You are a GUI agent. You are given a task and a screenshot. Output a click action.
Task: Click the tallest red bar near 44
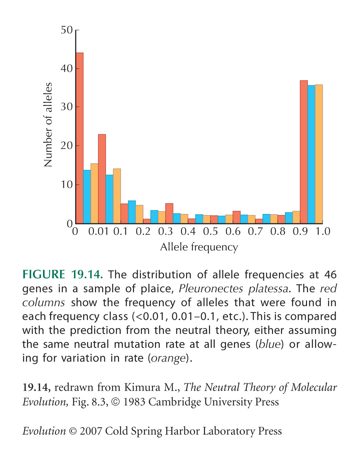[x=80, y=138]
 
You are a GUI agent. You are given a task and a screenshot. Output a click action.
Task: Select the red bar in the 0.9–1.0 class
[x=304, y=152]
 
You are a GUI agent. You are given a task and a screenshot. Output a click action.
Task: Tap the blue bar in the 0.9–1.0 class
[x=311, y=154]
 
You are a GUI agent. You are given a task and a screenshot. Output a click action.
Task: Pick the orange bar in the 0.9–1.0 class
[x=319, y=154]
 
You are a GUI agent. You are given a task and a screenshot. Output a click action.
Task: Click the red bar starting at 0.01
[x=102, y=179]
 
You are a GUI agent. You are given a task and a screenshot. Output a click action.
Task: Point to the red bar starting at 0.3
[x=169, y=213]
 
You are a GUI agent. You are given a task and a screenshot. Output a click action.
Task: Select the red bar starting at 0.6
[x=237, y=217]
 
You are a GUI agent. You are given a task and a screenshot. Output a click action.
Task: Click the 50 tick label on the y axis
[x=67, y=30]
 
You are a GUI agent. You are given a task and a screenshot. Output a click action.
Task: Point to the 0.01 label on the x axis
[x=98, y=232]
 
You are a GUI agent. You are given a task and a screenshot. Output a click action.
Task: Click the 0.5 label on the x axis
[x=210, y=232]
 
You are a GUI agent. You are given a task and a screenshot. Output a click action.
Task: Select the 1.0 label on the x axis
[x=323, y=232]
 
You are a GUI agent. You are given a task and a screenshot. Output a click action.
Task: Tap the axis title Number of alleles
[x=48, y=125]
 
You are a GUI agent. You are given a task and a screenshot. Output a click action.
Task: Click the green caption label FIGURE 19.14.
[x=63, y=274]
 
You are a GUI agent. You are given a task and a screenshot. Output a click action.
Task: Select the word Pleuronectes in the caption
[x=211, y=289]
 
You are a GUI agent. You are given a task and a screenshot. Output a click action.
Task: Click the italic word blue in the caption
[x=269, y=344]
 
